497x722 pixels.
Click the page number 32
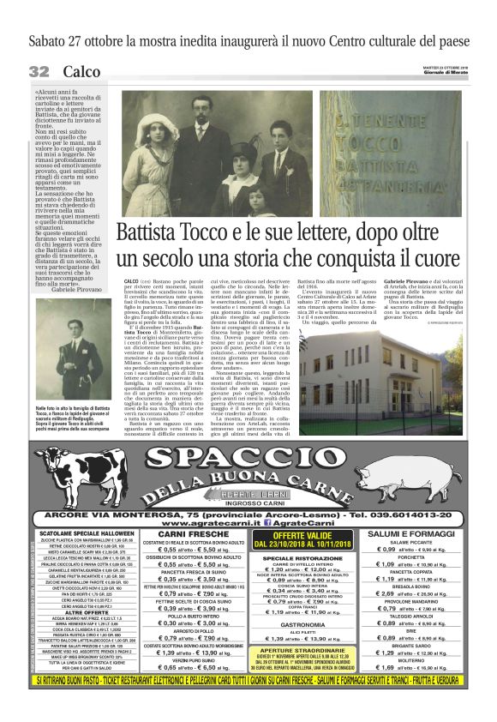(39, 71)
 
